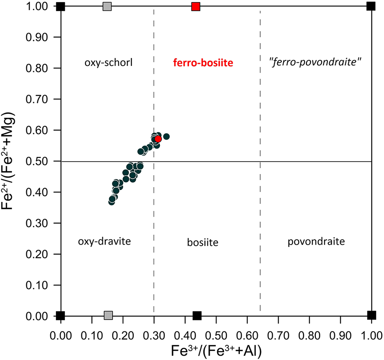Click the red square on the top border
click(x=196, y=6)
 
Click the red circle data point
click(x=158, y=139)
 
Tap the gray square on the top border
click(x=107, y=6)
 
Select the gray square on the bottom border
click(x=108, y=315)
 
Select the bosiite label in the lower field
click(x=203, y=242)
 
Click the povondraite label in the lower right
click(x=316, y=242)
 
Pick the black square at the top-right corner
click(x=371, y=6)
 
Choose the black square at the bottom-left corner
click(x=61, y=316)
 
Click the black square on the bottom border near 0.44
click(x=197, y=316)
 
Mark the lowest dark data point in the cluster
click(x=112, y=202)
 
